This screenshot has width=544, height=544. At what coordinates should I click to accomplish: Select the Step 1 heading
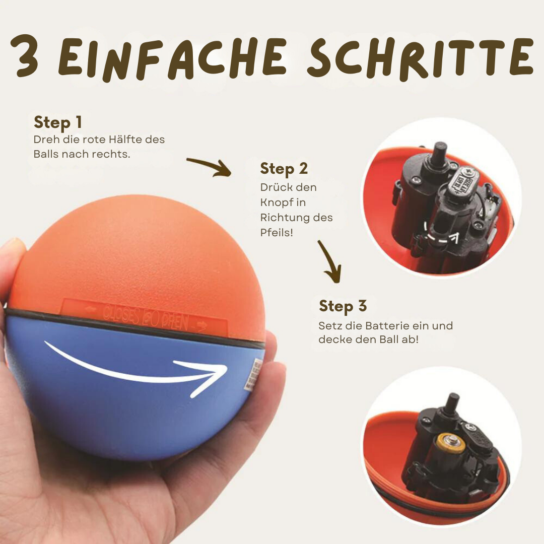(57, 122)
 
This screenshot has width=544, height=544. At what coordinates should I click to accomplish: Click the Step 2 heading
(284, 169)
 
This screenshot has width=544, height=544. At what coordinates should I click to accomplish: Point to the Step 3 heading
(343, 306)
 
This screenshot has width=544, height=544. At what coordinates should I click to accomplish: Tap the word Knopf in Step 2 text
(277, 202)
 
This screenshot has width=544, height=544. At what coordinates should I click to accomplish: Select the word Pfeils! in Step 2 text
(277, 233)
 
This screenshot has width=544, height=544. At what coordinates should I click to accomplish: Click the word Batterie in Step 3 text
(372, 326)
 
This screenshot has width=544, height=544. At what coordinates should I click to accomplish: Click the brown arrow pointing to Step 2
(209, 167)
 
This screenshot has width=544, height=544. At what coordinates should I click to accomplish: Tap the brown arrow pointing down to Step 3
(330, 262)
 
